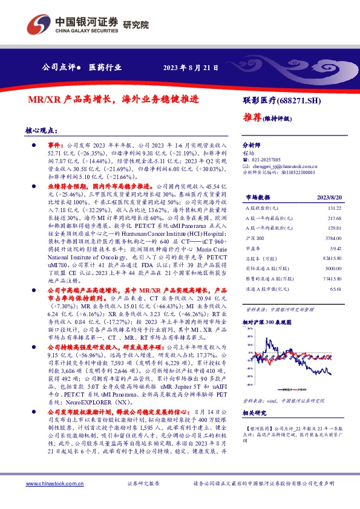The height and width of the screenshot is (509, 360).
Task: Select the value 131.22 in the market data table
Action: [x=334, y=208]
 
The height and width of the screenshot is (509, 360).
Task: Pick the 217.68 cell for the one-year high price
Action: [x=334, y=218]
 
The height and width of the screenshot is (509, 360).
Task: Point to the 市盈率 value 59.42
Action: [x=335, y=250]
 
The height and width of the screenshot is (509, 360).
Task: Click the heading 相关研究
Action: [x=255, y=413]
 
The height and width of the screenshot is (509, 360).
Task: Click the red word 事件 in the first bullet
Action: [x=55, y=146]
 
